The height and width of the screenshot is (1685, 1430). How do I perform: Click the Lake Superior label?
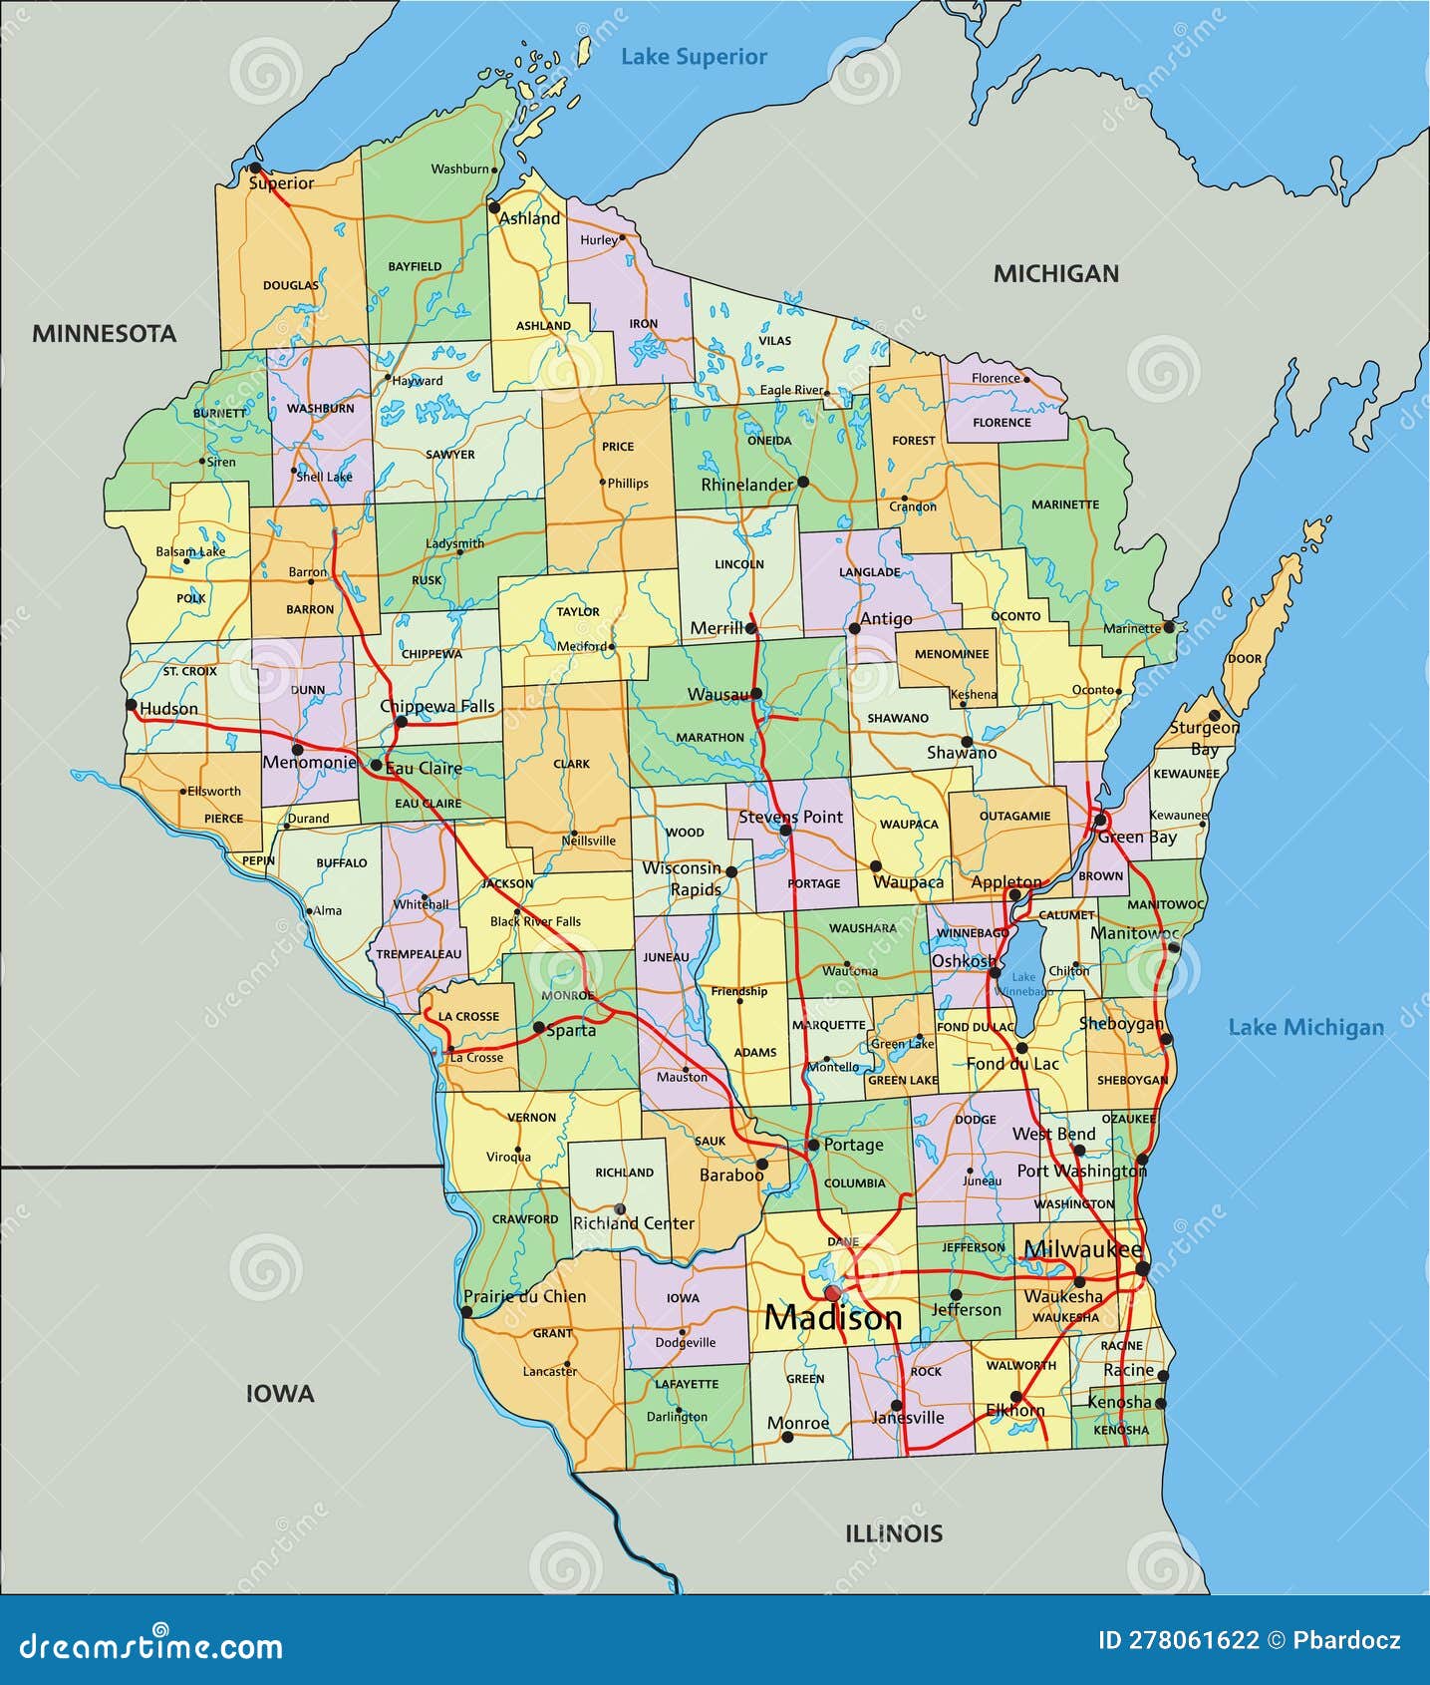[694, 57]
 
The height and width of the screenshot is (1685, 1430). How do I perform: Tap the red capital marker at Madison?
[832, 1292]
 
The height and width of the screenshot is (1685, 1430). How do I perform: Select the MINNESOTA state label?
[104, 334]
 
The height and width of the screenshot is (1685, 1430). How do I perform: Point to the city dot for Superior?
[255, 168]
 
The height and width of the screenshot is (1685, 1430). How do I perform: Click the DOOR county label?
[1245, 659]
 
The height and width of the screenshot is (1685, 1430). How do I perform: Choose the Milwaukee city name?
[1082, 1249]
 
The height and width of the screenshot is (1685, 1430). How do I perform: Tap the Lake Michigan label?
[1305, 1027]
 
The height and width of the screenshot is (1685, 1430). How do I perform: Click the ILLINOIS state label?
[893, 1533]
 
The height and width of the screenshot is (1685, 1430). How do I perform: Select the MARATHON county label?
[710, 738]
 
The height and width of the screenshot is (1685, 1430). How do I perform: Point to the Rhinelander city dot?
[803, 482]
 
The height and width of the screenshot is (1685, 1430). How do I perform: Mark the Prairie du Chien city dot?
[466, 1312]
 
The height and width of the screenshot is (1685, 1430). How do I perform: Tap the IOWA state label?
[280, 1394]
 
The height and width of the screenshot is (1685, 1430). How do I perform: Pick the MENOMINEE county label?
[952, 654]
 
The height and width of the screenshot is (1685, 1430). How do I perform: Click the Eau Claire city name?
[424, 768]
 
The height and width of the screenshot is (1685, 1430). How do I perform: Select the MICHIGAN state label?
[1055, 273]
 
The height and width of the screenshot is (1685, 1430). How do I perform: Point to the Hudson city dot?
[132, 704]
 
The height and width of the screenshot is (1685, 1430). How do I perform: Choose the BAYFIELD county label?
[415, 267]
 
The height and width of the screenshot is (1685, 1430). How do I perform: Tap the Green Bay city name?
[1136, 838]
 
